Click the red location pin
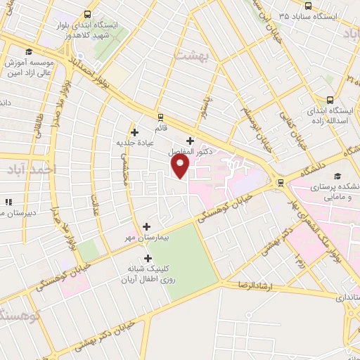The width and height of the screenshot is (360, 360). pos(181,166)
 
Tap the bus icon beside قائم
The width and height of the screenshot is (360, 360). pos(160,117)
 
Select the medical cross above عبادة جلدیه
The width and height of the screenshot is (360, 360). pos(134,131)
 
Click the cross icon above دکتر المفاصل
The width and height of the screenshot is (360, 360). pos(190,141)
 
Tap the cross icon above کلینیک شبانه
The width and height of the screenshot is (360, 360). pos(147,258)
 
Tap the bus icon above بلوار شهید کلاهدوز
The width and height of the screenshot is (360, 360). pos(87,15)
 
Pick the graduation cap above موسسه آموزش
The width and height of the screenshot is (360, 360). pos(28,51)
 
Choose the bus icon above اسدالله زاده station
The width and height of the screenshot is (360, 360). pos(330,100)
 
